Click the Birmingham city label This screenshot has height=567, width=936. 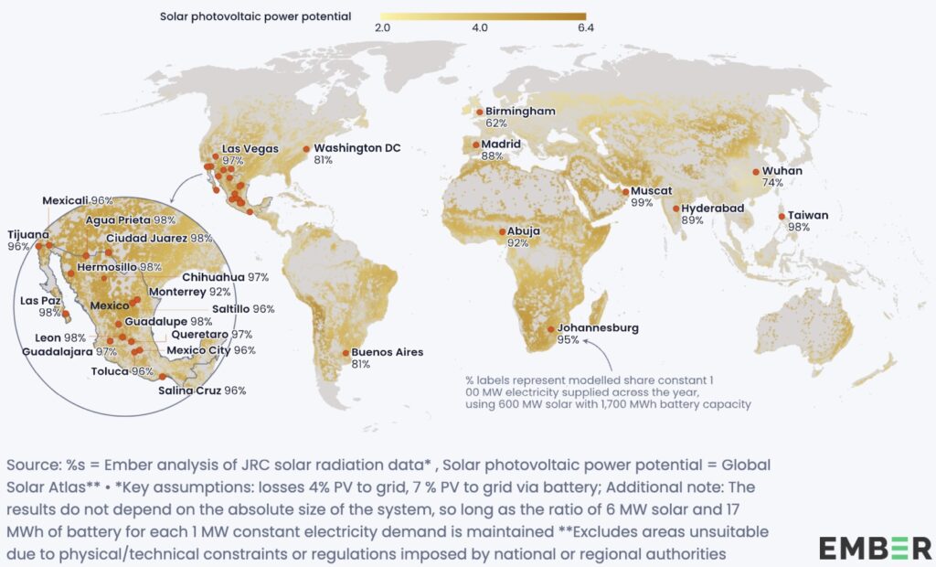[520, 111]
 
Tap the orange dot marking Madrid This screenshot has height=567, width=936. [475, 144]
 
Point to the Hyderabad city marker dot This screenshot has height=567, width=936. [676, 209]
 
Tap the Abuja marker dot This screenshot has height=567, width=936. [502, 231]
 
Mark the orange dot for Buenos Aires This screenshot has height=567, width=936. [345, 352]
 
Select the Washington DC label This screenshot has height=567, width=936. [357, 147]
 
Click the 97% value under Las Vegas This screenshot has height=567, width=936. [234, 160]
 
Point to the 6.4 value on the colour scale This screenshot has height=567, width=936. [586, 29]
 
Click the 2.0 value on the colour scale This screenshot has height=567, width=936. [384, 29]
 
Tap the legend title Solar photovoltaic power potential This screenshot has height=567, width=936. [256, 16]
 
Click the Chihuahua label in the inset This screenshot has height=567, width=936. [213, 276]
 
